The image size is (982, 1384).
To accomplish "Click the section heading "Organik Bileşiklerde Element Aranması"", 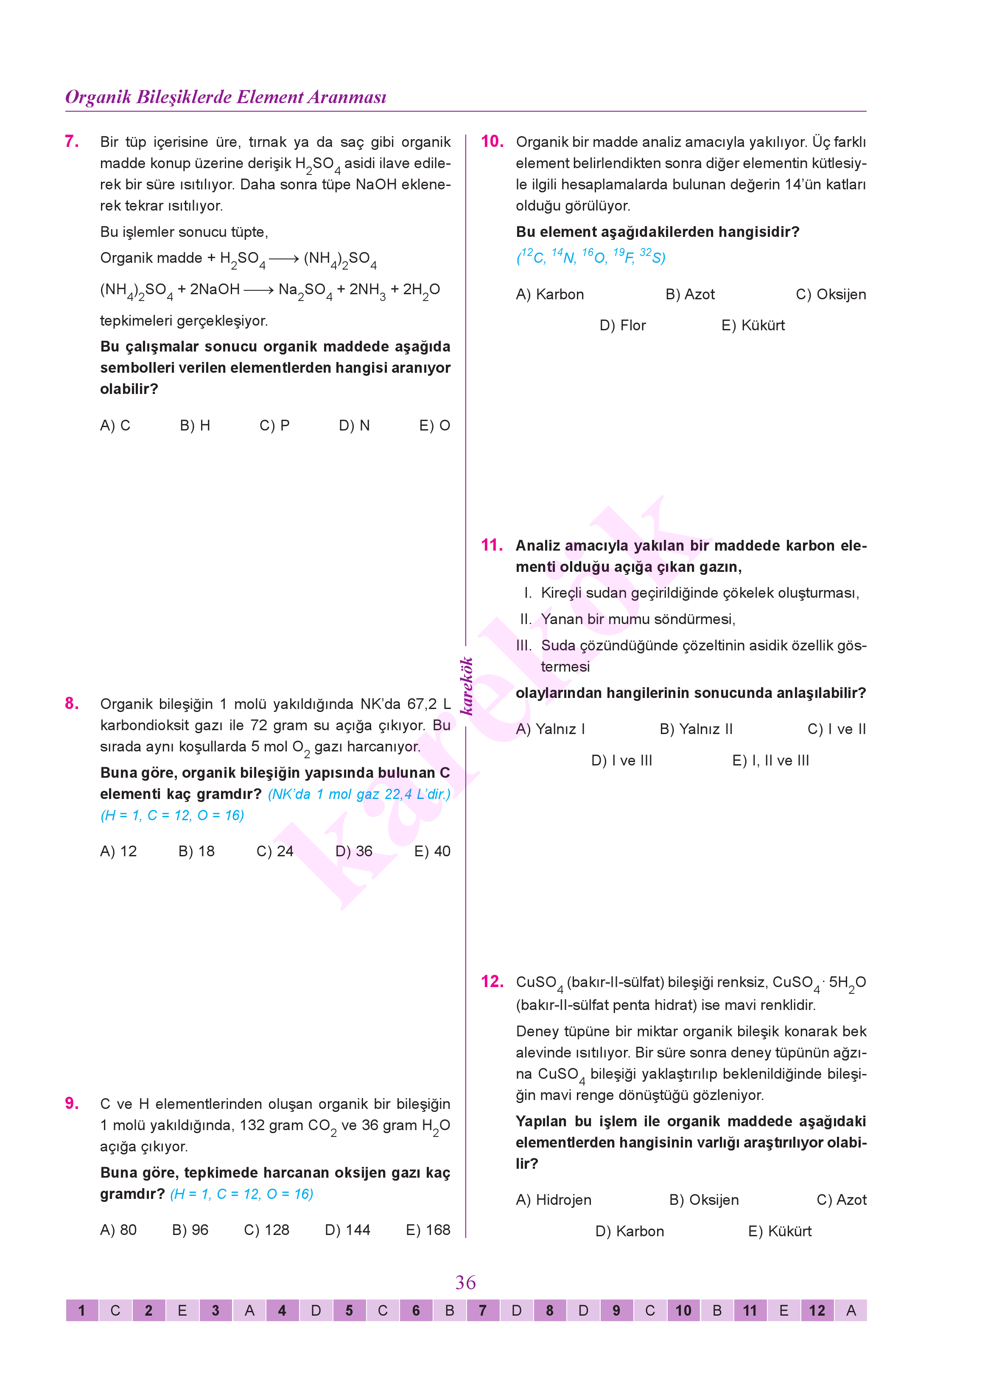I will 226,97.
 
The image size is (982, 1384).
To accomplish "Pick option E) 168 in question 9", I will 428,1230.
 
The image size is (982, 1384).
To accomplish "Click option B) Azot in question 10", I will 690,295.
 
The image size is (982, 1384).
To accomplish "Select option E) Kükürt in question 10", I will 753,326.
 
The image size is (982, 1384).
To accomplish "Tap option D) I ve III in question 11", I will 621,761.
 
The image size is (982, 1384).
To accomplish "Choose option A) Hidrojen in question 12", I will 553,1200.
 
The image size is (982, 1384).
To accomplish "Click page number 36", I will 466,1283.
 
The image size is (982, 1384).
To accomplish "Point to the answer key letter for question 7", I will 516,1311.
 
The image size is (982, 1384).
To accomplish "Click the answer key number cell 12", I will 817,1311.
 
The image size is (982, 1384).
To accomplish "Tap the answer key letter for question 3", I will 249,1311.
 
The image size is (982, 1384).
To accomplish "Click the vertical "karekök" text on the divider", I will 466,686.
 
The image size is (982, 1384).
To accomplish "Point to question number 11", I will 492,545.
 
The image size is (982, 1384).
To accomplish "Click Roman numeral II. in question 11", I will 526,619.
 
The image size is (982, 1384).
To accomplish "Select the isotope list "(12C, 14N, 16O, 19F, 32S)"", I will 591,256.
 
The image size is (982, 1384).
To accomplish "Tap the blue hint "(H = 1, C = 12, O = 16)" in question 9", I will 241,1194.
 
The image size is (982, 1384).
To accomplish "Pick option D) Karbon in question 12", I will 629,1232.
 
